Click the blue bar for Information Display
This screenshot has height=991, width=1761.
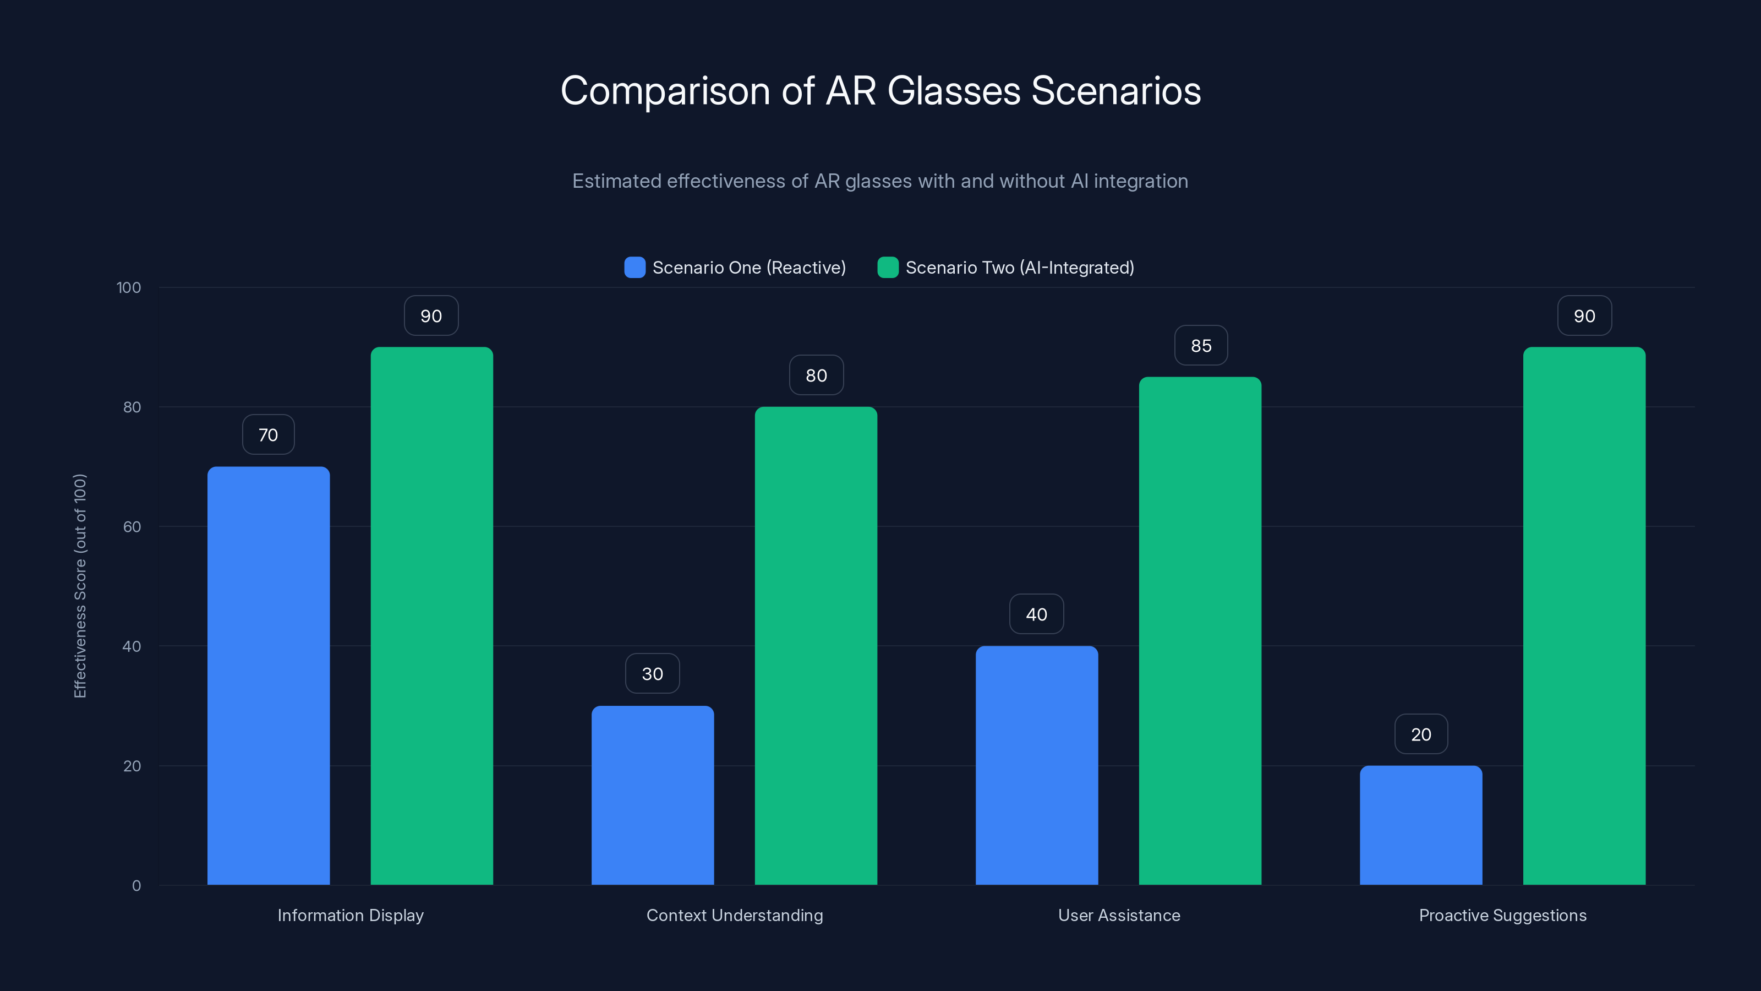point(268,675)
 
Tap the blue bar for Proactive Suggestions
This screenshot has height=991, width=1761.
point(1420,825)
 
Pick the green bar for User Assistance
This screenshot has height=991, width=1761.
point(1200,630)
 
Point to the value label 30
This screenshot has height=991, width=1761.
point(652,674)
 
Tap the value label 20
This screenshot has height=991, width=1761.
point(1420,734)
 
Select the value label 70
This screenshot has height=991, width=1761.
point(268,434)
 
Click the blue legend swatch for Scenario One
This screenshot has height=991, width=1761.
point(635,268)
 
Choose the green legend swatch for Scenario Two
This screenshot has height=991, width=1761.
point(887,268)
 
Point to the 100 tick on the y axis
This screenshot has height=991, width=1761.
point(129,287)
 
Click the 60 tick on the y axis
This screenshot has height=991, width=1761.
point(132,527)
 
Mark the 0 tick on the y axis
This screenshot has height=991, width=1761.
point(136,886)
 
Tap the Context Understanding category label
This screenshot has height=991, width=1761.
point(734,915)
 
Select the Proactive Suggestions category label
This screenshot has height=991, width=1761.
point(1502,915)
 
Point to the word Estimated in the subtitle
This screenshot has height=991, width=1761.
point(616,181)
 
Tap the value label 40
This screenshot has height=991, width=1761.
point(1036,614)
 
